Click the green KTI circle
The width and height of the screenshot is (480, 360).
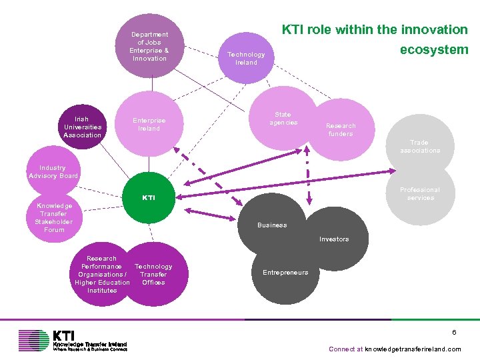149,198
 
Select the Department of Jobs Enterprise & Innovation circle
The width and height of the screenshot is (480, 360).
149,46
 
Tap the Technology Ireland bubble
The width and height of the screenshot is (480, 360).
246,59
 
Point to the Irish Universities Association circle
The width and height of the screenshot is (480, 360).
83,127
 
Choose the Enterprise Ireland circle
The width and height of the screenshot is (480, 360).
149,124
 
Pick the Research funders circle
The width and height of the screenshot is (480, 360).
341,129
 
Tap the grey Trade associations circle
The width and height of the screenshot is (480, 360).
419,146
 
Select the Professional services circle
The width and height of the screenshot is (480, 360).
420,193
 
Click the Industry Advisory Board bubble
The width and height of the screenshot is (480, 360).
53,172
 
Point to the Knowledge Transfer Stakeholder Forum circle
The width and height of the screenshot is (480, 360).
55,218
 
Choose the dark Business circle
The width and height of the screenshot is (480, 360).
273,225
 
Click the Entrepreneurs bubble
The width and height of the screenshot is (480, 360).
285,272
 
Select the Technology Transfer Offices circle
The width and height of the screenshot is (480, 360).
154,274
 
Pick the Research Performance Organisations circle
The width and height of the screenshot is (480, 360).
102,274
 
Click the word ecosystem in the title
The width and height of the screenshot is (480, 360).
434,49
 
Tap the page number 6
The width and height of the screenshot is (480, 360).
453,332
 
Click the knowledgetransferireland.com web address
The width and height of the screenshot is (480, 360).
413,349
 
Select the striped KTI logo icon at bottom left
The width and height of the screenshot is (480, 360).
33,340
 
